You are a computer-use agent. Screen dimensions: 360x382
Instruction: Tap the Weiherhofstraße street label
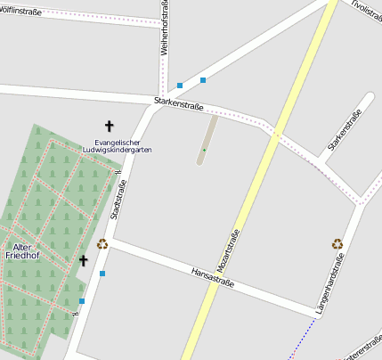[165, 29]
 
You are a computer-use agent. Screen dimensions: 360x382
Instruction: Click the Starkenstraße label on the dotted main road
[179, 105]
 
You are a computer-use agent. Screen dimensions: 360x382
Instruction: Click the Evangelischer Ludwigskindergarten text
[123, 146]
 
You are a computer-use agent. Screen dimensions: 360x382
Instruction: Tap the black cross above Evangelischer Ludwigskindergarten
[110, 127]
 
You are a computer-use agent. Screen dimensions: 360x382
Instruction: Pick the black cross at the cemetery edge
[84, 260]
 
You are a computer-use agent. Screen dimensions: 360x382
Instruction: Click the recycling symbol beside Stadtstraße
[102, 243]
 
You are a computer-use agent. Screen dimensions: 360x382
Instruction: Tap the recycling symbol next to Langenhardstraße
[337, 243]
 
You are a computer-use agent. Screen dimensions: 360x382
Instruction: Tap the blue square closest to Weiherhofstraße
[180, 86]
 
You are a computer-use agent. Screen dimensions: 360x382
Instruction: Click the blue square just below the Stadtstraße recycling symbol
[102, 273]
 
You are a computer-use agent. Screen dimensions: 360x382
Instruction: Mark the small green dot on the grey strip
[204, 150]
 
